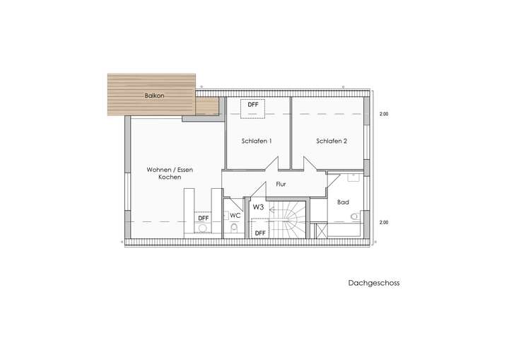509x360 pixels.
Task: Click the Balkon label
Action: (x=154, y=95)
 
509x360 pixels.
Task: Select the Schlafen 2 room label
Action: (x=332, y=141)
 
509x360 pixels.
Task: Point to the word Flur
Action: (x=281, y=184)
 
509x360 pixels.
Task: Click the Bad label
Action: (x=343, y=202)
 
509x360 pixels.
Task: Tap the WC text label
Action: (x=235, y=215)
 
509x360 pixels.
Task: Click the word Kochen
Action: (x=170, y=178)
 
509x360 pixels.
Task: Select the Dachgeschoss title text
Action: (x=373, y=283)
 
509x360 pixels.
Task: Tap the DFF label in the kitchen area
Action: (x=203, y=218)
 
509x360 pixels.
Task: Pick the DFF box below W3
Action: (x=260, y=232)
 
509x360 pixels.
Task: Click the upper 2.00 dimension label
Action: (x=384, y=114)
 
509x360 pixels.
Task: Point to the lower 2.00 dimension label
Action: (x=384, y=223)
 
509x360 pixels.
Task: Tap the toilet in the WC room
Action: (x=234, y=228)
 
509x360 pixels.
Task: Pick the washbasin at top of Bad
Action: (x=353, y=178)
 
